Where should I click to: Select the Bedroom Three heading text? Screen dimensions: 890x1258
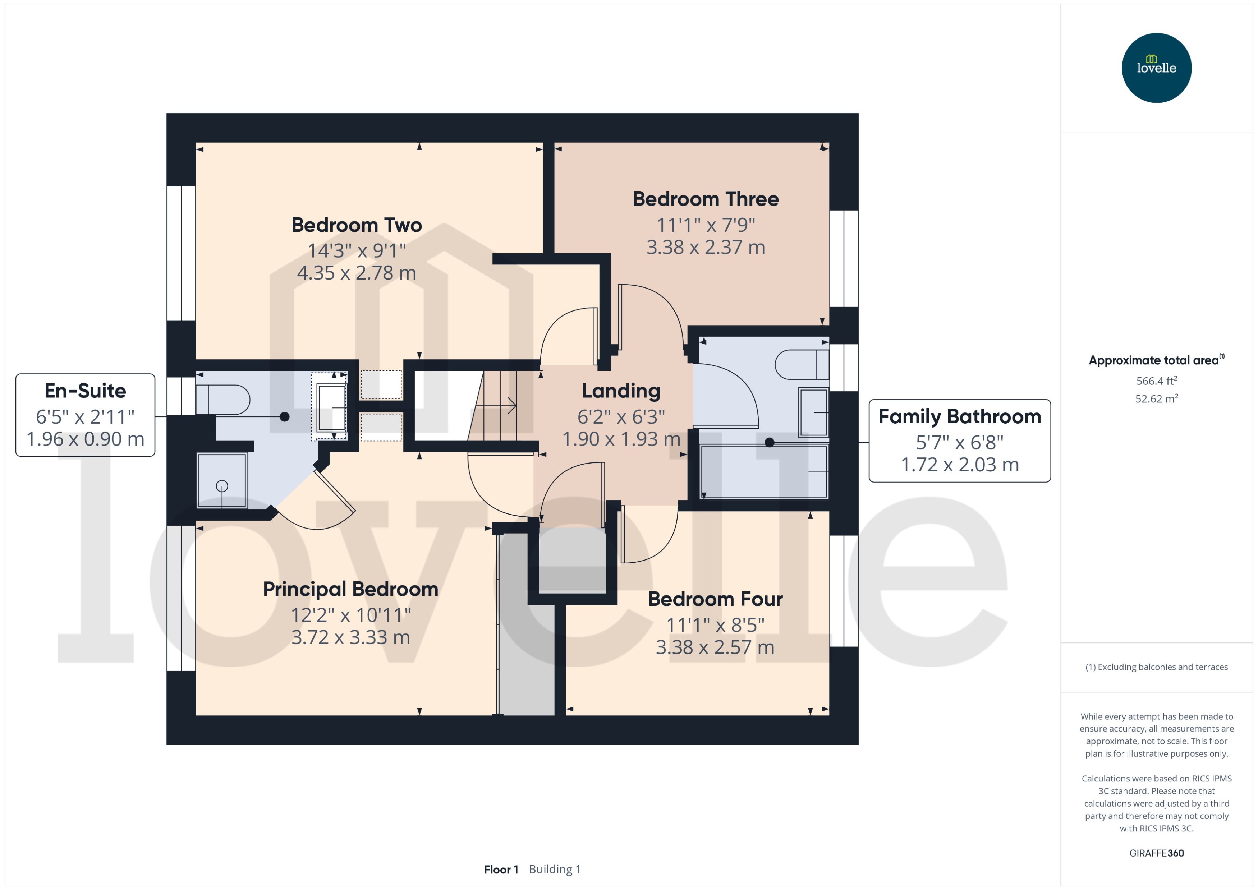click(x=706, y=199)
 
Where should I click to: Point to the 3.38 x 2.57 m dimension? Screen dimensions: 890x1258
click(x=715, y=647)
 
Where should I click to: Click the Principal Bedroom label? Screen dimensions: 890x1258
click(x=350, y=589)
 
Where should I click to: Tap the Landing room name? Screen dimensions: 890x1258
click(x=621, y=391)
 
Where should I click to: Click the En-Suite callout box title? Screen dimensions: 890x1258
click(x=85, y=391)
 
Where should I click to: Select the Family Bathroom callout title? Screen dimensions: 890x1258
click(x=959, y=416)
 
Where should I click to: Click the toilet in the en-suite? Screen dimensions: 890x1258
click(x=222, y=400)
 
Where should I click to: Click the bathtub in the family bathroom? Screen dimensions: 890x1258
click(x=763, y=472)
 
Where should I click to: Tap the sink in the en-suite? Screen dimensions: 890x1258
click(x=331, y=407)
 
